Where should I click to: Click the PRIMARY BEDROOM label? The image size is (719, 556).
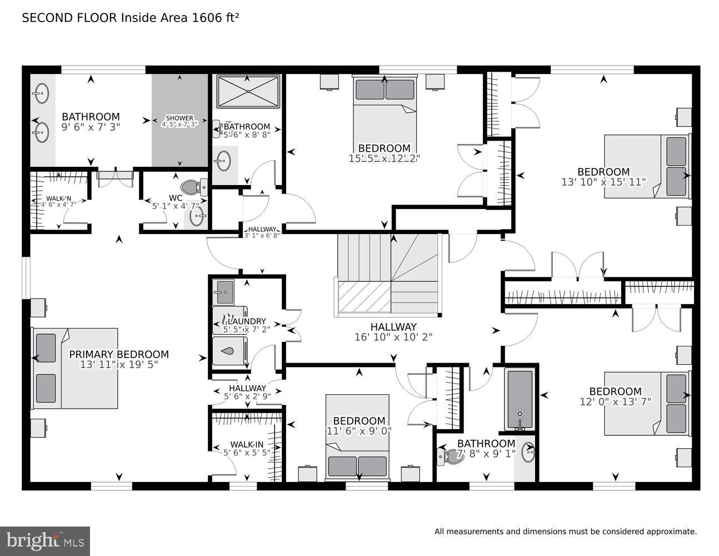pyautogui.click(x=118, y=354)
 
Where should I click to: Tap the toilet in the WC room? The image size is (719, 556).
pyautogui.click(x=194, y=186)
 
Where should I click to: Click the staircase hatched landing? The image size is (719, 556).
pyautogui.click(x=365, y=297)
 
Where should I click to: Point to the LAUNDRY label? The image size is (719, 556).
pyautogui.click(x=246, y=321)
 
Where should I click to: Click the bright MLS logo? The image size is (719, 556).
pyautogui.click(x=45, y=540)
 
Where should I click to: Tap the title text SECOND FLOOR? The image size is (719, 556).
pyautogui.click(x=69, y=18)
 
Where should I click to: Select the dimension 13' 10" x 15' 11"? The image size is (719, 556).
pyautogui.click(x=603, y=181)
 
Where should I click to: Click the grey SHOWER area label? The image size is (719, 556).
pyautogui.click(x=179, y=118)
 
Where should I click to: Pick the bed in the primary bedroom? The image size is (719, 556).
pyautogui.click(x=75, y=368)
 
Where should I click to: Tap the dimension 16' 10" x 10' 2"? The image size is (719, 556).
pyautogui.click(x=393, y=337)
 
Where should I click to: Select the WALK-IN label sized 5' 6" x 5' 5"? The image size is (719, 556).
pyautogui.click(x=247, y=444)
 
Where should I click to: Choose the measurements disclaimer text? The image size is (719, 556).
pyautogui.click(x=565, y=532)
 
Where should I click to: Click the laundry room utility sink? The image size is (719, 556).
pyautogui.click(x=224, y=291)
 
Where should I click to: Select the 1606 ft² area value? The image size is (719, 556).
pyautogui.click(x=215, y=18)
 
